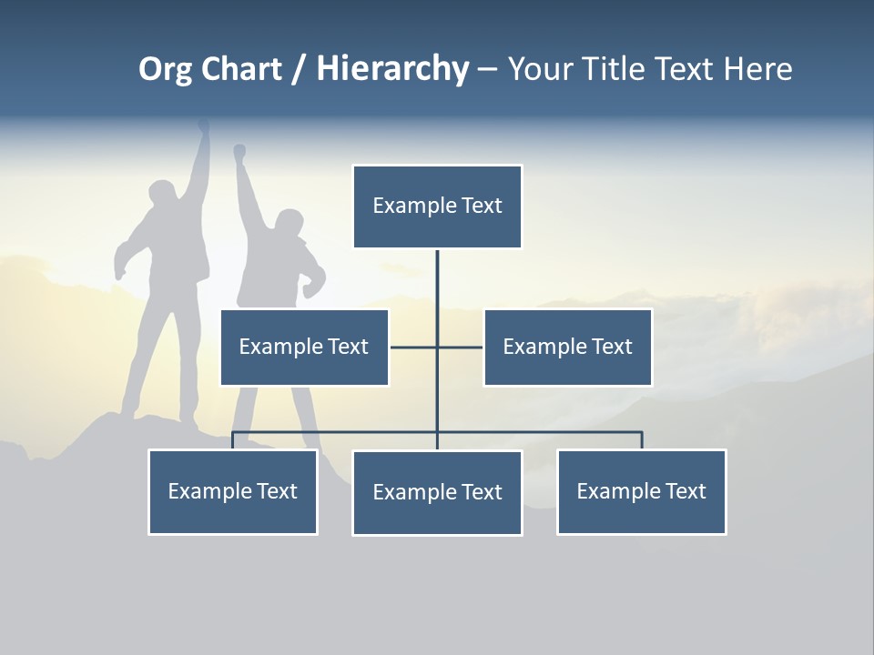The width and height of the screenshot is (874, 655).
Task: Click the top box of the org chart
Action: coord(437,207)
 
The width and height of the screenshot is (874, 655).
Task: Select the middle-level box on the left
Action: coord(304,348)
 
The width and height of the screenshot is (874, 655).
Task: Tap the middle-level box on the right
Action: coord(567,348)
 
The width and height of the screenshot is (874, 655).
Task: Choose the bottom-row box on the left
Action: coord(233,492)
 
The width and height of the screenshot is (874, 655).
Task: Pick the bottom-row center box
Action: coord(437,493)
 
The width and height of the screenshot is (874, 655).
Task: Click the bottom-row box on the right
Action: coord(641,492)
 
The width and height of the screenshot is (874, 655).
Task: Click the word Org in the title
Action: coord(164,70)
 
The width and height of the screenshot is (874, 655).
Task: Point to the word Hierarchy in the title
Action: coord(392,70)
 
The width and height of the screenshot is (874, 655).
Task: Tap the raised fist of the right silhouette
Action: coord(239,151)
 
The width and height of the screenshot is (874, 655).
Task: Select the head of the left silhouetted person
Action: coord(162,196)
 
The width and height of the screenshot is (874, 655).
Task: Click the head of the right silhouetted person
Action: coord(289,223)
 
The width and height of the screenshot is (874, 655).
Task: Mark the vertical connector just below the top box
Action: coord(437,273)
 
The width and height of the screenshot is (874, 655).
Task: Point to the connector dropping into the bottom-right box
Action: coord(642,441)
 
